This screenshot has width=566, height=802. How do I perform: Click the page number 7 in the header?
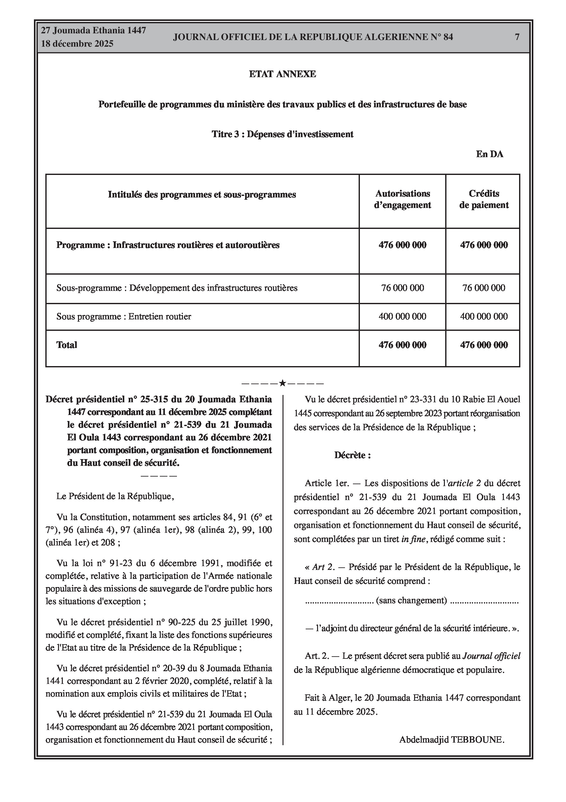(517, 37)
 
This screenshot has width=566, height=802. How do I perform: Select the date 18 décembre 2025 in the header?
(77, 44)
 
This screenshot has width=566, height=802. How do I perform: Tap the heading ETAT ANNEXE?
(282, 74)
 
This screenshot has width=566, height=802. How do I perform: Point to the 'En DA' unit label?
(489, 154)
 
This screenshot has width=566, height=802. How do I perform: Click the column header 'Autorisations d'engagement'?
(402, 199)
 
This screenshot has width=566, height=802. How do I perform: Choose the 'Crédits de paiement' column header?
(484, 199)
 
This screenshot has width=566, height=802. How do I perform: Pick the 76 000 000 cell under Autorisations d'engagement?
(402, 288)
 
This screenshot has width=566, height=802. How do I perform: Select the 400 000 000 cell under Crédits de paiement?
(484, 317)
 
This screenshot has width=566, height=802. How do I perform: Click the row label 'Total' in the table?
(67, 345)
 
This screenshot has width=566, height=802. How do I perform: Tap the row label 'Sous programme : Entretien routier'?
(124, 317)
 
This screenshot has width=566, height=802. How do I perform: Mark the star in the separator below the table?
(282, 384)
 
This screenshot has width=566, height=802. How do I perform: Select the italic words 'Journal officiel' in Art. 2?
(491, 656)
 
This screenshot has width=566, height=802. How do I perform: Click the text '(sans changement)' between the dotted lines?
(411, 600)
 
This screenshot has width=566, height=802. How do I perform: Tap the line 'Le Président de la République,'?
(115, 496)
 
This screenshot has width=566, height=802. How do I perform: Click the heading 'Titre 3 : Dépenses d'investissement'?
(282, 134)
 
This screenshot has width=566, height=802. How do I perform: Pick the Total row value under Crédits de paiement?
(484, 345)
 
